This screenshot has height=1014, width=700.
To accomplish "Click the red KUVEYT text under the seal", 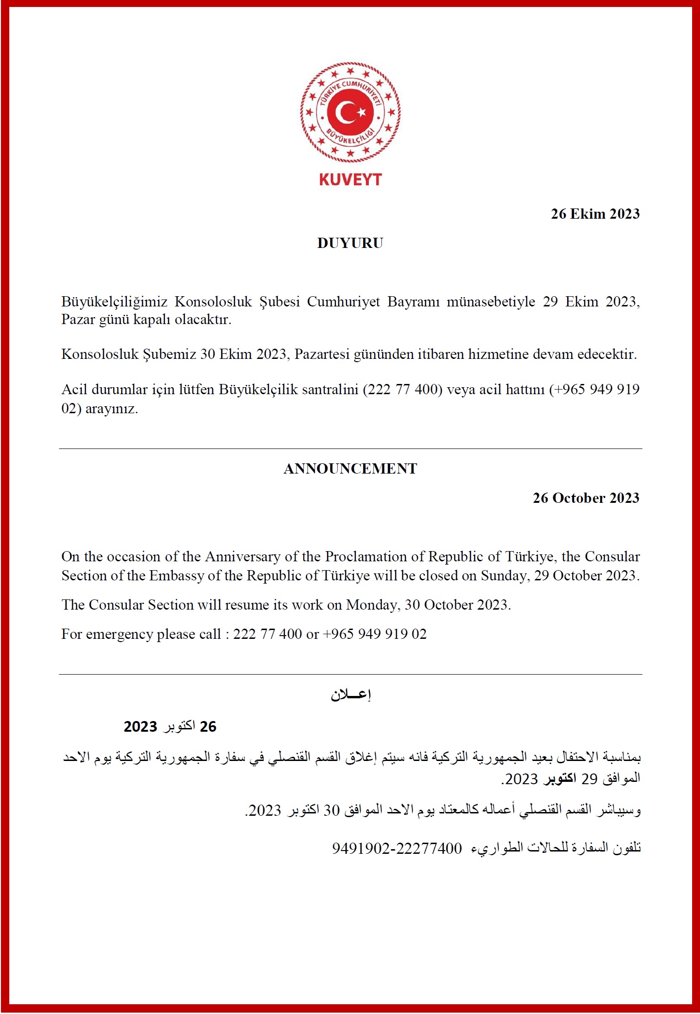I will pos(350,180).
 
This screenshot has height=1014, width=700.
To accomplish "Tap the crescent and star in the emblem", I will pos(350,112).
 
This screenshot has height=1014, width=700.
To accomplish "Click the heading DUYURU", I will pos(350,243).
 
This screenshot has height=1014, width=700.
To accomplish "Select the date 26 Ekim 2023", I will pos(595,214).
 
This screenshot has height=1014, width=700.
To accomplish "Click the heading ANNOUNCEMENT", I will pos(350,469).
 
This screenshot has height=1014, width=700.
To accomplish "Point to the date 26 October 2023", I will pos(586,498).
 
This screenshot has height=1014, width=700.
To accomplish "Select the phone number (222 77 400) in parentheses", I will pos(402,389).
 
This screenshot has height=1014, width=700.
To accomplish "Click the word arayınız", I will pos(111,409).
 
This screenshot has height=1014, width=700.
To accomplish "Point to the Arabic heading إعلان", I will pos(351,695).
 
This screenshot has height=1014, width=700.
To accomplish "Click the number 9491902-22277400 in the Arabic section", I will pos(397,849).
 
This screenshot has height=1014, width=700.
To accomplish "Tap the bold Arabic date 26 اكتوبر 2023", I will pos(170,727).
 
